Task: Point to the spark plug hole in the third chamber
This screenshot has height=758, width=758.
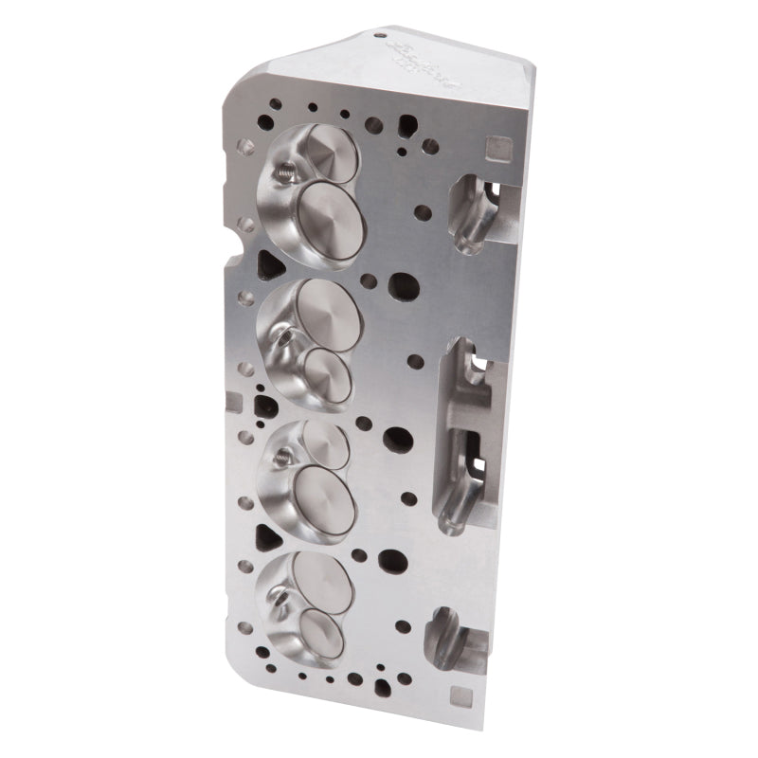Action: [280, 458]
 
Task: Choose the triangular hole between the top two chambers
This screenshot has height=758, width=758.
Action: [267, 261]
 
